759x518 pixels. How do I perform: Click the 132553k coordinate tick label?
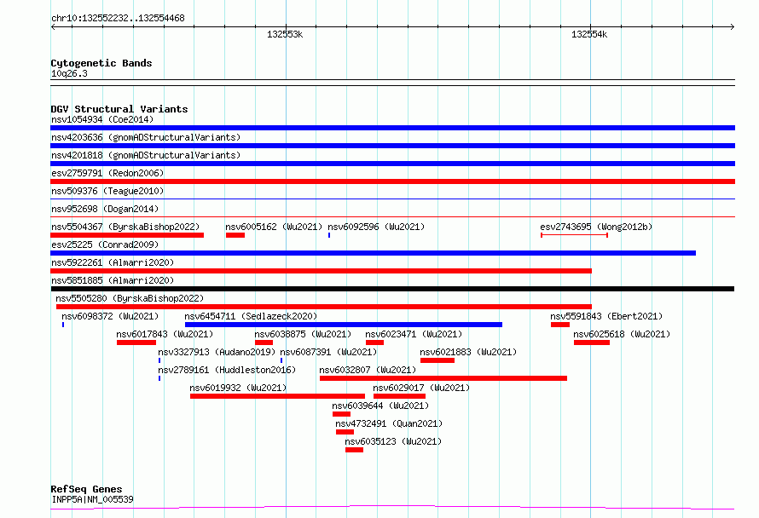coord(285,34)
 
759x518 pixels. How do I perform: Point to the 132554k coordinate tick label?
coord(589,34)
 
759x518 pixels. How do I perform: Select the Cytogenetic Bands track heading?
coord(101,63)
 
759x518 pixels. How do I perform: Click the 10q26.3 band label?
coord(69,73)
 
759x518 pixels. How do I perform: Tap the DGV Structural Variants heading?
coord(119,109)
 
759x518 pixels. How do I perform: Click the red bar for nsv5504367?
coord(127,235)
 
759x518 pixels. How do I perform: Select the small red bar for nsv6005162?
coord(235,235)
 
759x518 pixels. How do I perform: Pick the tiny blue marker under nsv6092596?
coord(329,235)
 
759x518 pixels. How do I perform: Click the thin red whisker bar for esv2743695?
coord(574,235)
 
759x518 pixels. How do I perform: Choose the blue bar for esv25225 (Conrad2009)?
coord(374,253)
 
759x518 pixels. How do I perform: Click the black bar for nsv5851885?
coord(392,289)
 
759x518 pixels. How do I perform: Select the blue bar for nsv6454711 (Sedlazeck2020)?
coord(344,325)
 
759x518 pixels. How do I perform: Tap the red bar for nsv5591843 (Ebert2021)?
coord(560,325)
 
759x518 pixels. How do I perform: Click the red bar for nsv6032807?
coord(443,378)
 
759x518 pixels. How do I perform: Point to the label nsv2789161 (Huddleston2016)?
coord(227,370)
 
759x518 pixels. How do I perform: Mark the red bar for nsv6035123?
coord(354,450)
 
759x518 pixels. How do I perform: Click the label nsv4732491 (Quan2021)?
coord(389,423)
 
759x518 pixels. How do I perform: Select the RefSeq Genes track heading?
coord(86,489)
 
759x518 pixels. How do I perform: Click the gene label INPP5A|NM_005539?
coord(92,499)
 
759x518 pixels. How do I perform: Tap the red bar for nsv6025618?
coord(592,342)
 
